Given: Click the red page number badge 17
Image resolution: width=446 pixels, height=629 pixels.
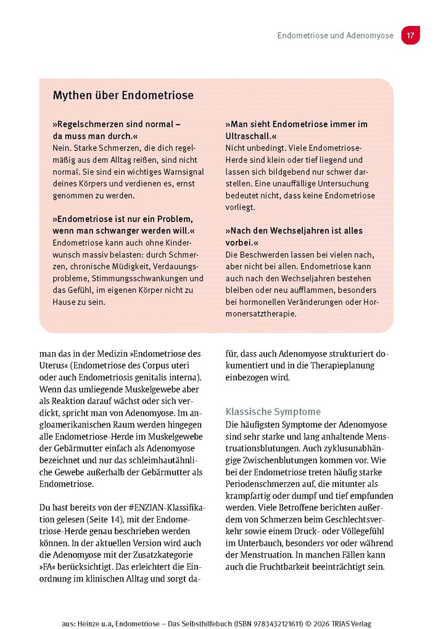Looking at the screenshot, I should tap(410, 36).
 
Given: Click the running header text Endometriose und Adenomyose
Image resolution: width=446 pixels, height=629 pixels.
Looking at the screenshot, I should tap(335, 36).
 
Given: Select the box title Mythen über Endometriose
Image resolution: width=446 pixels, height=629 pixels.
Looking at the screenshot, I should tap(123, 96).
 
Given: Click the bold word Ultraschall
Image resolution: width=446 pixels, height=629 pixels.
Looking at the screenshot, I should tap(250, 136).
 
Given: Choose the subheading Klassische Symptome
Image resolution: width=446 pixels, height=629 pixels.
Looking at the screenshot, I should tap(273, 411).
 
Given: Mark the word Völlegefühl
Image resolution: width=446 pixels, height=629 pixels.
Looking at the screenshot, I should tap(366, 531).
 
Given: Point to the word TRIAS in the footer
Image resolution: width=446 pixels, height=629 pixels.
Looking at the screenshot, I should tap(345, 623).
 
